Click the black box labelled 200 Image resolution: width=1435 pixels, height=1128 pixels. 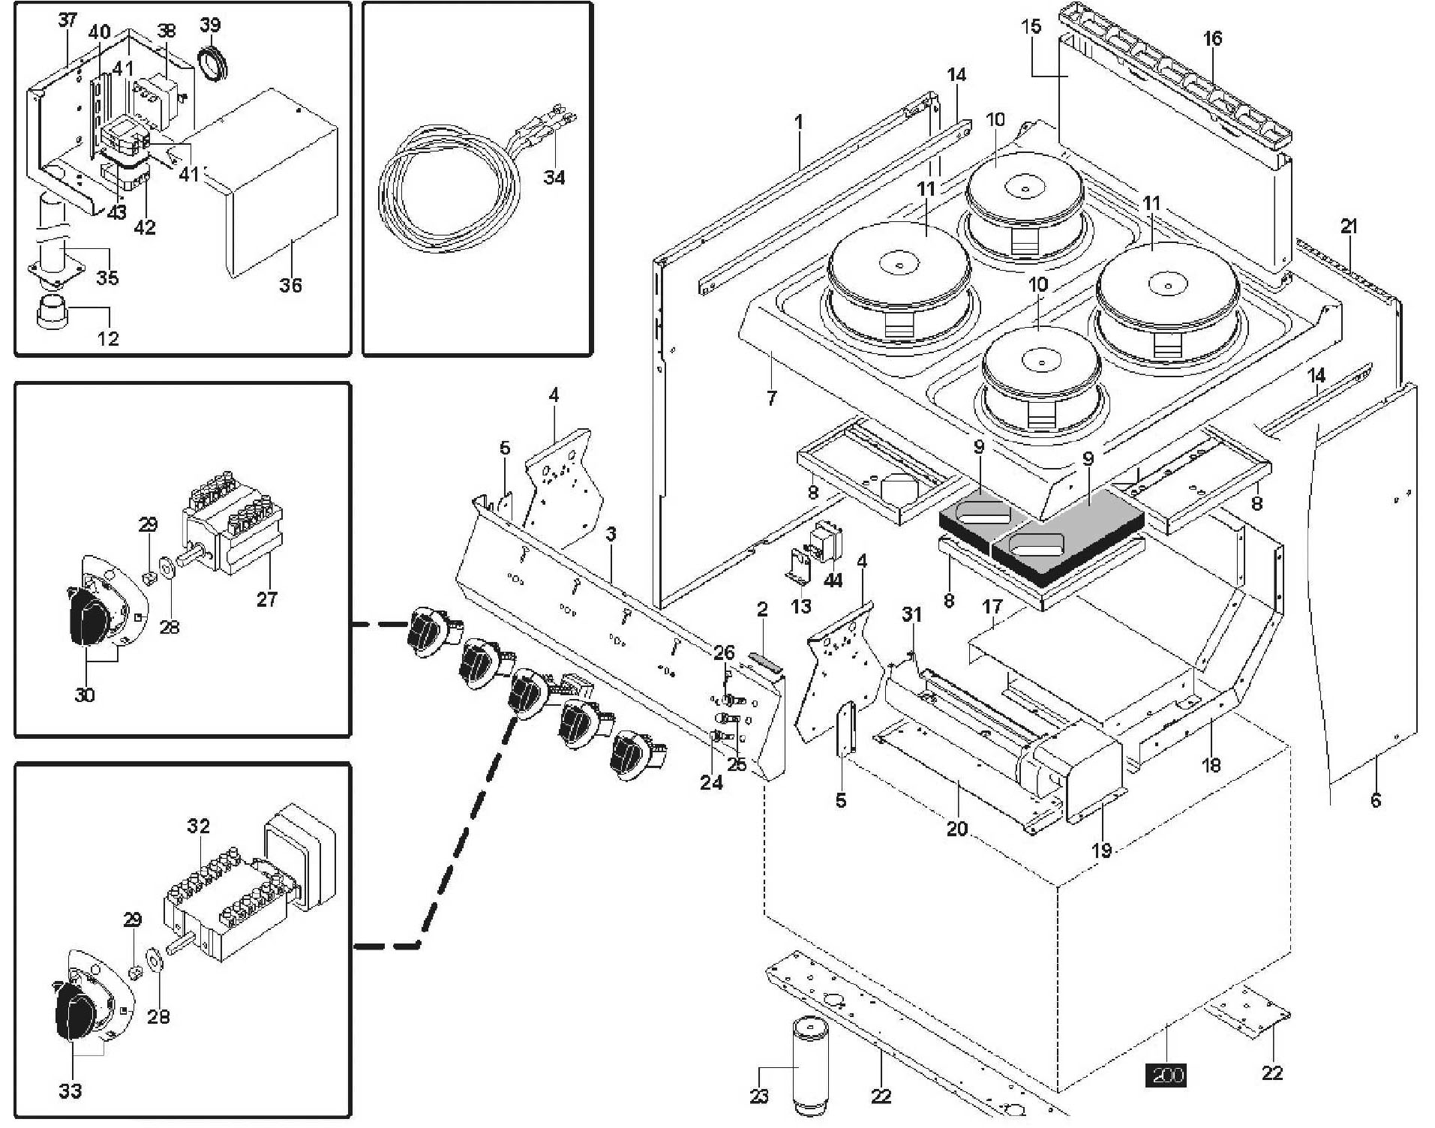(1166, 1075)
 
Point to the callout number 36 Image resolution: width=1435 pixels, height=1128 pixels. (290, 285)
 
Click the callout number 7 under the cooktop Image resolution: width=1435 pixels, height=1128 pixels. (771, 397)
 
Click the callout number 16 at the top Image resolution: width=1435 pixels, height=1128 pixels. (1212, 38)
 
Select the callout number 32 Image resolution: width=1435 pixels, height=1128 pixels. (198, 826)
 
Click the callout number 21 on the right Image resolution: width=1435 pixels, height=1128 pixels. (1349, 226)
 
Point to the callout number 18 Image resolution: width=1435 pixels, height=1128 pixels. (1211, 765)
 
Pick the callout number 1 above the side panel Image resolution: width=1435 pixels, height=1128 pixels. (799, 121)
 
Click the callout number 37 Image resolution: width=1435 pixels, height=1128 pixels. (68, 20)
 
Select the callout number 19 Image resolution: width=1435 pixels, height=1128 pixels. (1101, 850)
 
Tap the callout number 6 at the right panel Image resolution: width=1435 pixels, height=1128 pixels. (1375, 800)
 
